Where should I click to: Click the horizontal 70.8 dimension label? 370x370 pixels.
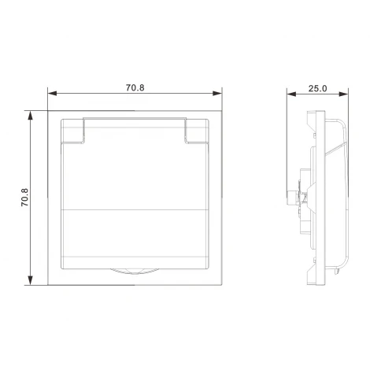pyautogui.click(x=135, y=87)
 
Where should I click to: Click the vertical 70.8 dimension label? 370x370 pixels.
pyautogui.click(x=25, y=198)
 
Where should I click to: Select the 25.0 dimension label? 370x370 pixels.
pyautogui.click(x=317, y=88)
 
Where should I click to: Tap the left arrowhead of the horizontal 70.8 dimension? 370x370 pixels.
pyautogui.click(x=52, y=94)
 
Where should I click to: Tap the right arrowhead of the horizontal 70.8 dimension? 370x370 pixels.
pyautogui.click(x=217, y=94)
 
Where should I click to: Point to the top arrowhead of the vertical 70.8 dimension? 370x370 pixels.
pyautogui.click(x=31, y=116)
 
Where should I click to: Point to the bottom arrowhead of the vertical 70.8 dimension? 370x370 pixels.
pyautogui.click(x=31, y=280)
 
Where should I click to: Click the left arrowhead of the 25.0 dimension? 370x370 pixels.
pyautogui.click(x=291, y=94)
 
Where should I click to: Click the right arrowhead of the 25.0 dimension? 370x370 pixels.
pyautogui.click(x=344, y=94)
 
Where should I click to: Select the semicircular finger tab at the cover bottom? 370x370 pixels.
pyautogui.click(x=135, y=272)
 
